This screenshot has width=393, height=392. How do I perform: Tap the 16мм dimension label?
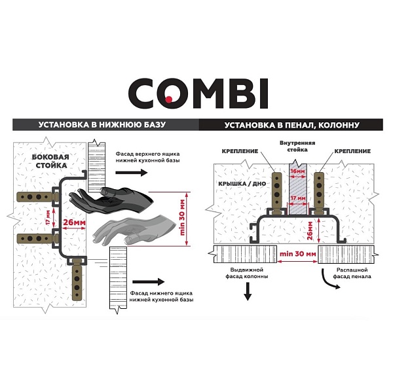(298, 171)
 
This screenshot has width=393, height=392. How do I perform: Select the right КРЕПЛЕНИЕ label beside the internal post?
(352, 151)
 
